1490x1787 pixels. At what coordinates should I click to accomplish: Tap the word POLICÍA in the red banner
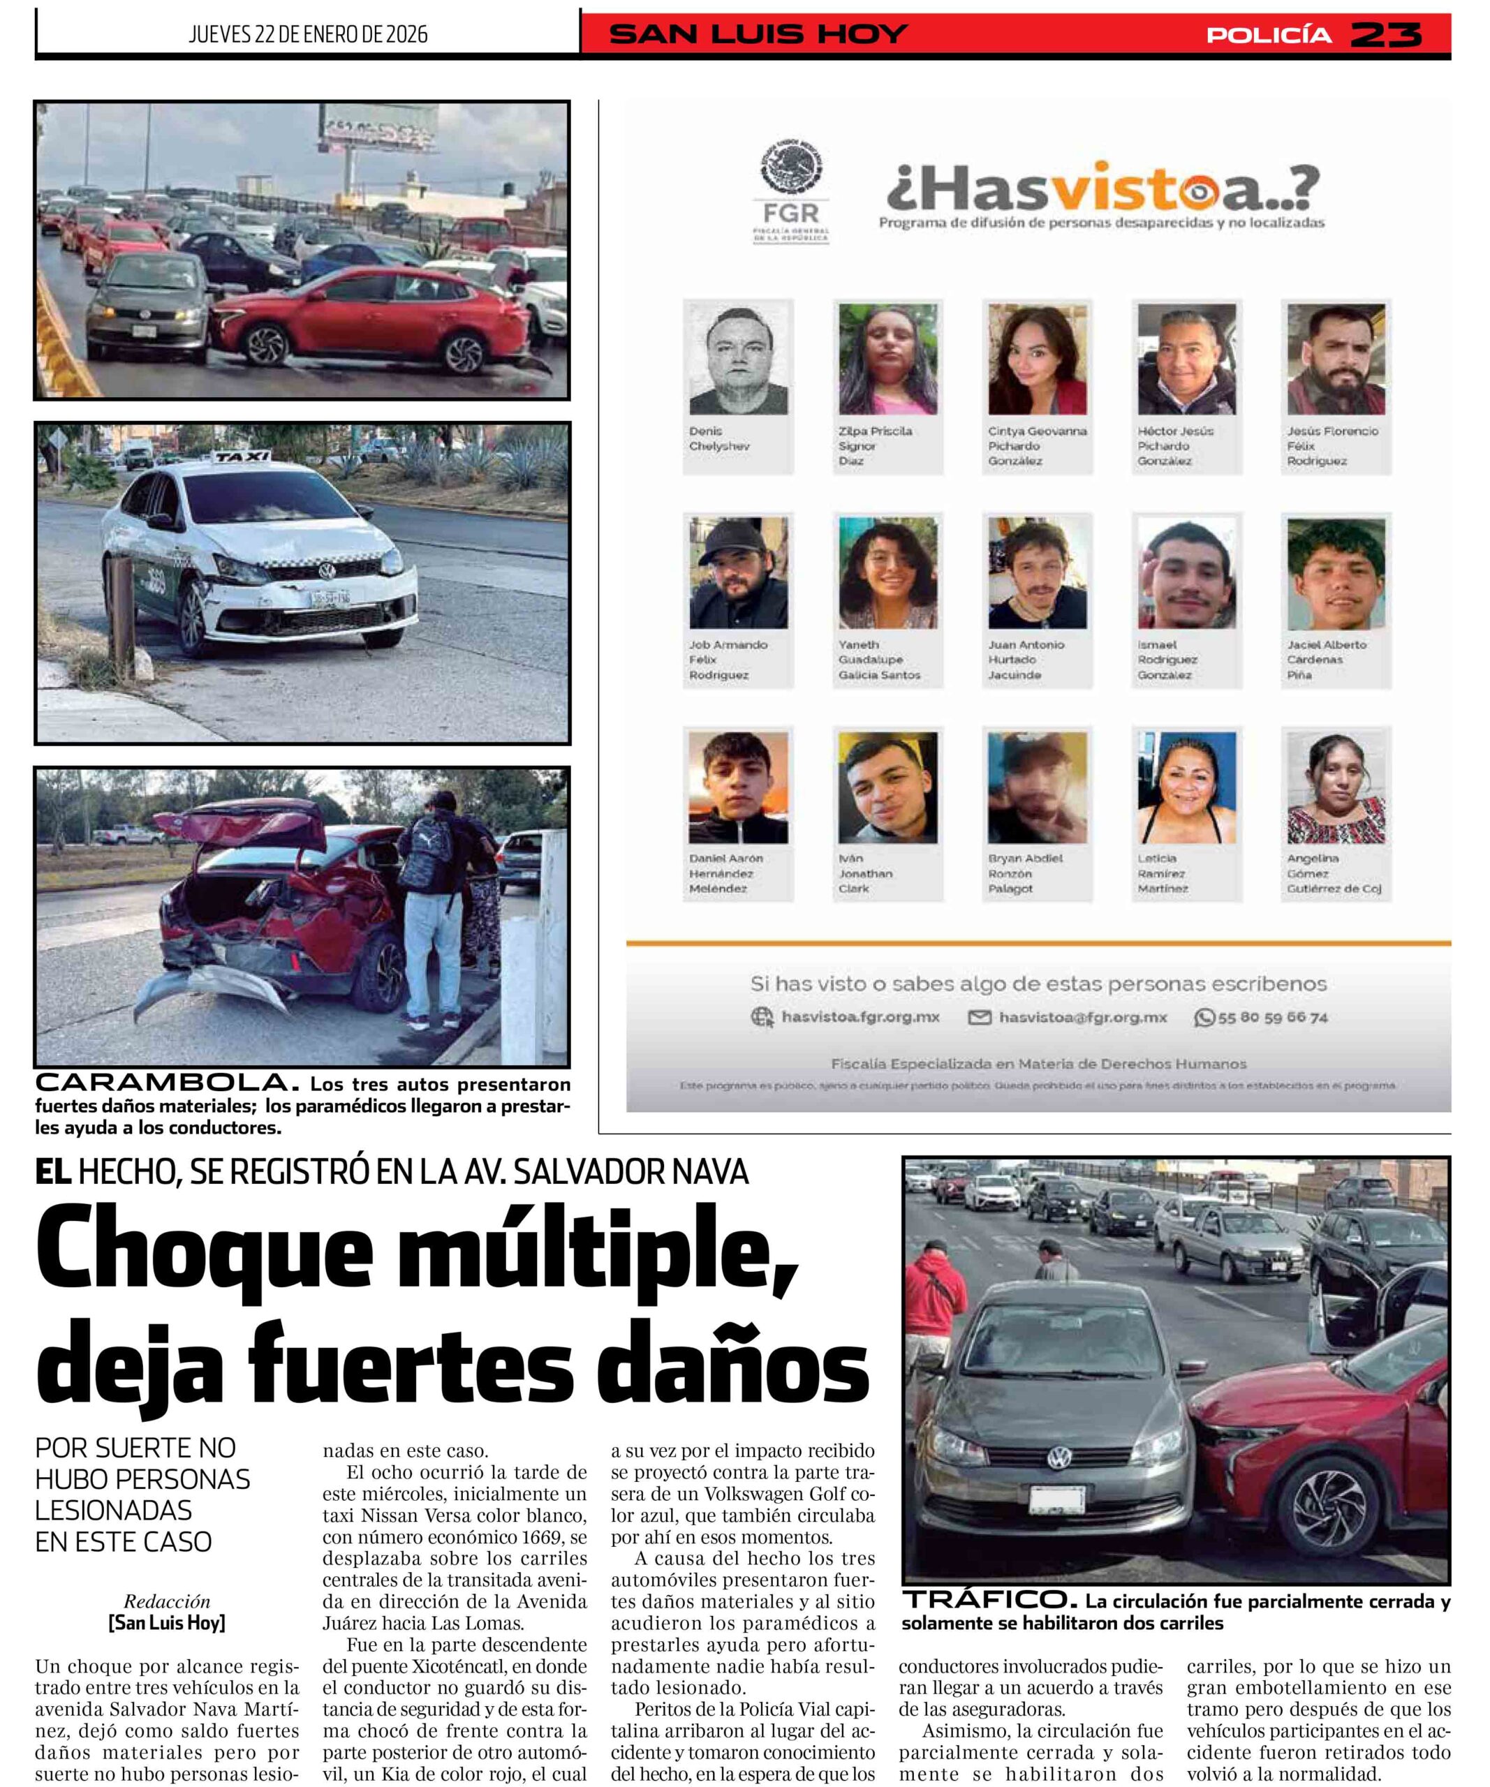point(1269,35)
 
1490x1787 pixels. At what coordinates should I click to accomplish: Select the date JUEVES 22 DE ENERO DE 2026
point(308,35)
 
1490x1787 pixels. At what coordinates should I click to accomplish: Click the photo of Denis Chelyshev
point(738,359)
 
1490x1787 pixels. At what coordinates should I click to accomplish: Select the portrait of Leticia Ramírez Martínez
point(1186,787)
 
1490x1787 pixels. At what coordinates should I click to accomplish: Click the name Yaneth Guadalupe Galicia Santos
point(879,660)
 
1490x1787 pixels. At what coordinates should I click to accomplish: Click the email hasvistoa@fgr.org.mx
point(1082,1018)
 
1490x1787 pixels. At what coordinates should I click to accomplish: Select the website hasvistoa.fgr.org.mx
point(860,1018)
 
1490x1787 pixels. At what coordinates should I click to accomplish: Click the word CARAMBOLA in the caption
point(167,1083)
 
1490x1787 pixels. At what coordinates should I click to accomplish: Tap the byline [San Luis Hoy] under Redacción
point(167,1622)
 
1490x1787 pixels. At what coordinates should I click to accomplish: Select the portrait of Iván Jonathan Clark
point(887,787)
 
